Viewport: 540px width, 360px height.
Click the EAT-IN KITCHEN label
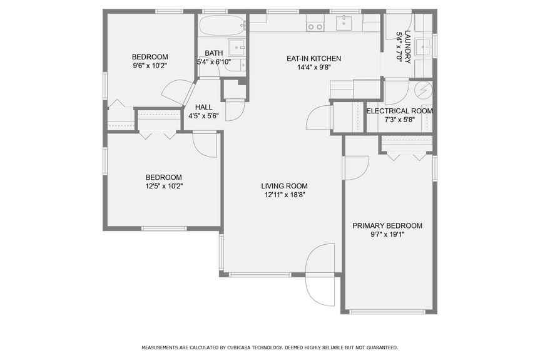(x=313, y=58)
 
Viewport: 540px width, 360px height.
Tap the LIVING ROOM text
(x=284, y=186)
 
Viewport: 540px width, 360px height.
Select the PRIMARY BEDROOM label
(x=387, y=226)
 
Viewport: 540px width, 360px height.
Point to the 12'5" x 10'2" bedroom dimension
(x=163, y=186)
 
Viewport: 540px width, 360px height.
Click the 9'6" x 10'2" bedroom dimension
(x=150, y=65)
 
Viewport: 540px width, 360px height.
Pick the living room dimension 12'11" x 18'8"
(x=284, y=195)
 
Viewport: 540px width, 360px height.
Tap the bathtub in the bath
(x=222, y=27)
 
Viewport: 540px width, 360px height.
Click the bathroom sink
(x=237, y=46)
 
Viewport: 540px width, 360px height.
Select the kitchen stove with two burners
(x=315, y=26)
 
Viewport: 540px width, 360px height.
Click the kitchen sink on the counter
(x=344, y=24)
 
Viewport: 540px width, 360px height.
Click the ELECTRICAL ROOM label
(x=399, y=111)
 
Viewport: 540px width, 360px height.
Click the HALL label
(x=203, y=107)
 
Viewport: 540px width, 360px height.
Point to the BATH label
(x=213, y=53)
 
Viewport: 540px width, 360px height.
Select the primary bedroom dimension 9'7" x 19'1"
(x=387, y=235)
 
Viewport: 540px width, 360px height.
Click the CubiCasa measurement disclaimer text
(x=269, y=347)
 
